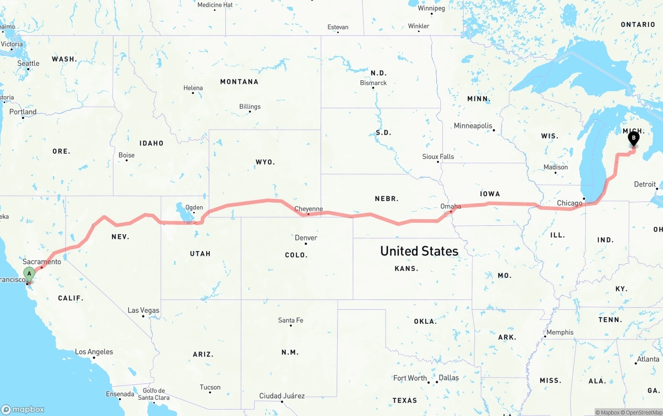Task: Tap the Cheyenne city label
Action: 309,209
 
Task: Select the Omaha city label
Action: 451,206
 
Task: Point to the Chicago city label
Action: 569,203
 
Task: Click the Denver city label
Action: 306,238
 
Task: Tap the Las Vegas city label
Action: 143,310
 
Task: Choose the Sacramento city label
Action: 42,262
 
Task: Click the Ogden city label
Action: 194,207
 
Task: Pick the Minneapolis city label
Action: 473,125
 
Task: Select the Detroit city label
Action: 645,184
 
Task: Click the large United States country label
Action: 419,251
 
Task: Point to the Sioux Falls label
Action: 438,156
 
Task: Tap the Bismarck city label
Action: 373,83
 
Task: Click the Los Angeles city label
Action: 94,352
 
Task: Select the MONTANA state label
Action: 239,82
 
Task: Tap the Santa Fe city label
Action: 291,320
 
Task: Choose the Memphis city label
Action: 560,332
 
